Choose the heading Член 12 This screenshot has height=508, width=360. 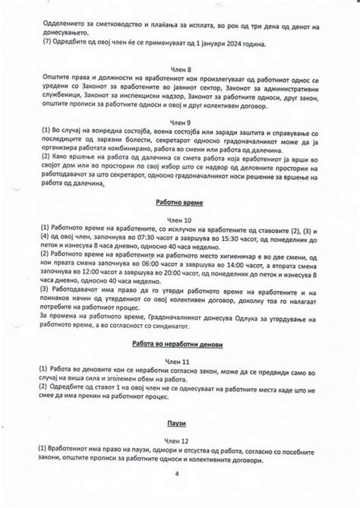pos(180,440)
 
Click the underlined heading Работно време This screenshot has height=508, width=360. pos(180,203)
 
